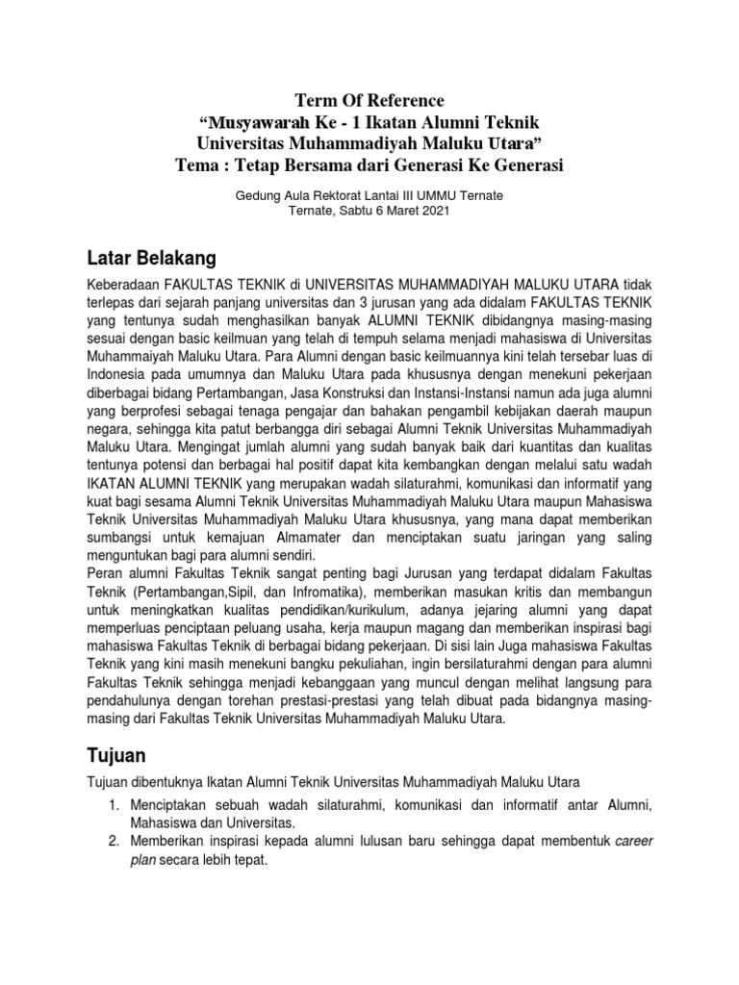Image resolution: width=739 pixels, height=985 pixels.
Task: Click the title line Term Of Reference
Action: [x=369, y=101]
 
